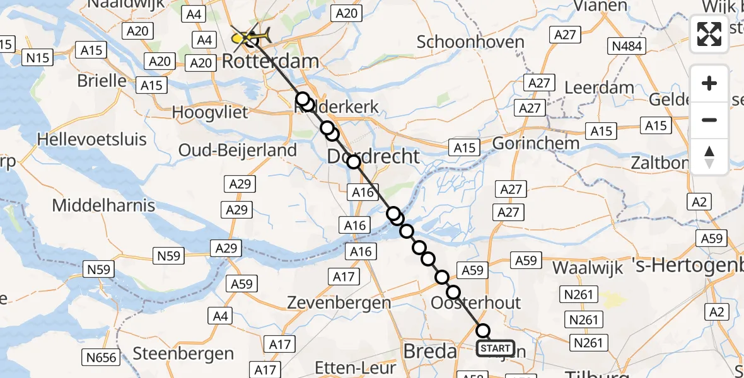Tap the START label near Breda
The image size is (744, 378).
tap(495, 348)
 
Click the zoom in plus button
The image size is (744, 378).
tap(709, 84)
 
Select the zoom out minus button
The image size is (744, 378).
tap(709, 120)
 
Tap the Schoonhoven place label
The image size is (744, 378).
tap(470, 42)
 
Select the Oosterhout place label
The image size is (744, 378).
tap(476, 303)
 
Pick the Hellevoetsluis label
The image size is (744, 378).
tap(92, 139)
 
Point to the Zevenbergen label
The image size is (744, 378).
tap(339, 302)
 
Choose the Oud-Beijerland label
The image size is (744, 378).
tap(238, 151)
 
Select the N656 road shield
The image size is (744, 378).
tap(101, 358)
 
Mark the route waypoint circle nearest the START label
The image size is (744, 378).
tap(483, 331)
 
